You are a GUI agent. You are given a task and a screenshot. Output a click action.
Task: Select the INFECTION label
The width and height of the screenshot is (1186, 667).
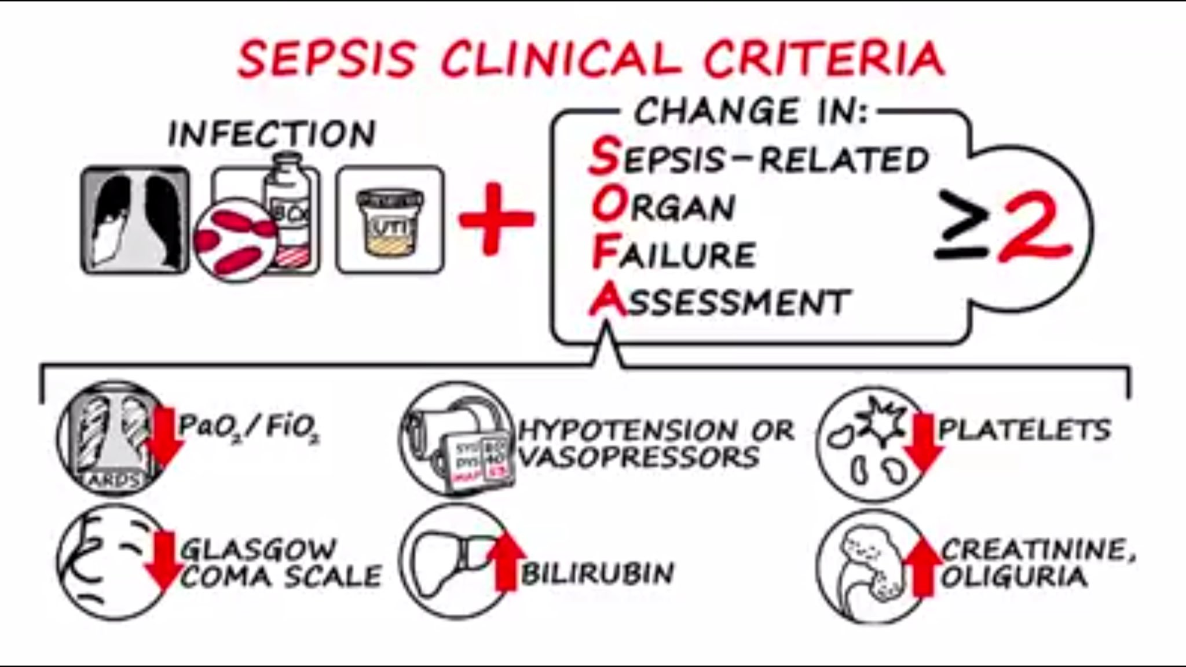(272, 134)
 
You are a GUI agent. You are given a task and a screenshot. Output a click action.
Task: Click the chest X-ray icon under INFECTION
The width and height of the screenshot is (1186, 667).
(135, 220)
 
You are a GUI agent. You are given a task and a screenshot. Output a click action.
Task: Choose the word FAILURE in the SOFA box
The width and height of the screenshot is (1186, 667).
(674, 255)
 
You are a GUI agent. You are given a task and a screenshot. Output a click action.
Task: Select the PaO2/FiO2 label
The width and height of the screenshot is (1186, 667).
(249, 427)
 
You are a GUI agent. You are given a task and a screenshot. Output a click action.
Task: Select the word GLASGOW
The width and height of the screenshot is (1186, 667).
(258, 548)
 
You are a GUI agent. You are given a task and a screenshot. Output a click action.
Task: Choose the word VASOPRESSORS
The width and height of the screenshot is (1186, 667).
(639, 457)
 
